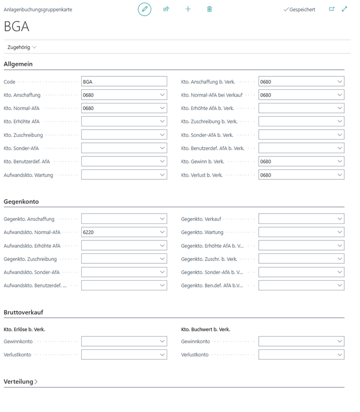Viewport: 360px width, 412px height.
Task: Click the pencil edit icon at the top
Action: pos(144,9)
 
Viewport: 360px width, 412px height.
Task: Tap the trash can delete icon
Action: pos(210,9)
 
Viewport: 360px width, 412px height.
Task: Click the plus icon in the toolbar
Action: pos(188,9)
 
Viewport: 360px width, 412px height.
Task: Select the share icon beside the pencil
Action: pos(166,9)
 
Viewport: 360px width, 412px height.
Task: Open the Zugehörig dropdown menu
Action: pos(22,47)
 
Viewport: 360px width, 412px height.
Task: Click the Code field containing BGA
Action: pos(124,82)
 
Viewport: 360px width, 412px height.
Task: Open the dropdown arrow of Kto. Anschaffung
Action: pos(162,95)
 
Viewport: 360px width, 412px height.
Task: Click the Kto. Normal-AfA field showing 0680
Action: pos(120,108)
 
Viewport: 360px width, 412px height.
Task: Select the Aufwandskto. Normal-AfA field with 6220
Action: pos(120,232)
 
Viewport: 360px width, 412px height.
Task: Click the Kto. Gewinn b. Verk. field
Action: pos(297,162)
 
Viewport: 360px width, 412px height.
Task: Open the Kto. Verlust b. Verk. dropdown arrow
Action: pos(339,175)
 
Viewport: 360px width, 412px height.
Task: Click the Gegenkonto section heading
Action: pos(21,202)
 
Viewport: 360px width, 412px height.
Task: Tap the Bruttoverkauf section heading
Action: pos(23,312)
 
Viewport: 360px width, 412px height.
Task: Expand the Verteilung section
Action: pos(21,382)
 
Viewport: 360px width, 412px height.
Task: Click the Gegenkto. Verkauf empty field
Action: pos(297,219)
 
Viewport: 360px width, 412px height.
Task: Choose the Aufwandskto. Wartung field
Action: pos(120,175)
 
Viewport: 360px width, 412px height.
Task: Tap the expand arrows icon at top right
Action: pos(344,9)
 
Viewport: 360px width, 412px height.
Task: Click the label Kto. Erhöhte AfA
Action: pos(22,122)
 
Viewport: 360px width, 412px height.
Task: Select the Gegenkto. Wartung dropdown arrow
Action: pos(339,232)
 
